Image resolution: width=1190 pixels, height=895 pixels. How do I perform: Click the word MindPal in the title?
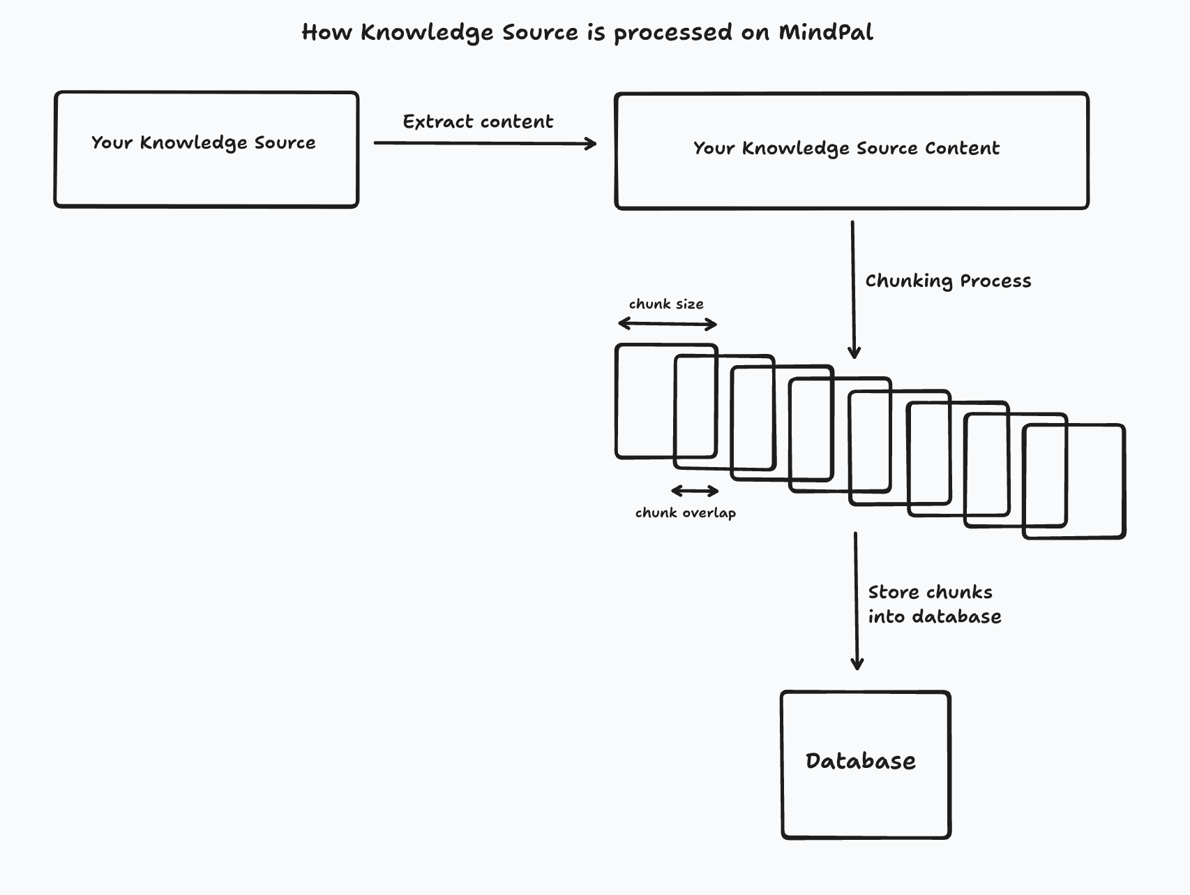pos(825,32)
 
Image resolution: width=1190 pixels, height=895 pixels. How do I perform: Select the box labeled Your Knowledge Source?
pos(206,175)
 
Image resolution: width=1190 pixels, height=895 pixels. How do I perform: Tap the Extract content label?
pos(478,121)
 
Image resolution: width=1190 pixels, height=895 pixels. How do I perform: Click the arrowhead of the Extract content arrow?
pos(592,143)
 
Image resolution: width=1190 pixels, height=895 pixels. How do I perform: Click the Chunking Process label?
pos(948,281)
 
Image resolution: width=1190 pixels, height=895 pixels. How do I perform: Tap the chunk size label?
pos(666,304)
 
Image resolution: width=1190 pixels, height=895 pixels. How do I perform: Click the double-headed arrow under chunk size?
pos(668,324)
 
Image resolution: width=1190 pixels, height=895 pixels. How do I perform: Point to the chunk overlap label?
pos(685,512)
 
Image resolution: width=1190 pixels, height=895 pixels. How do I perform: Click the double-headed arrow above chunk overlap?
pos(695,491)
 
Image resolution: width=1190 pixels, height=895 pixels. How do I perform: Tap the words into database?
pos(935,616)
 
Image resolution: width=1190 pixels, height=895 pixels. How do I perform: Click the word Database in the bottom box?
pos(860,761)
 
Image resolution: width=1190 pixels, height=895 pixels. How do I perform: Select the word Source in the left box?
pos(285,142)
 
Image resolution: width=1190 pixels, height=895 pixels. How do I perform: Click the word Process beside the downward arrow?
pos(995,281)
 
